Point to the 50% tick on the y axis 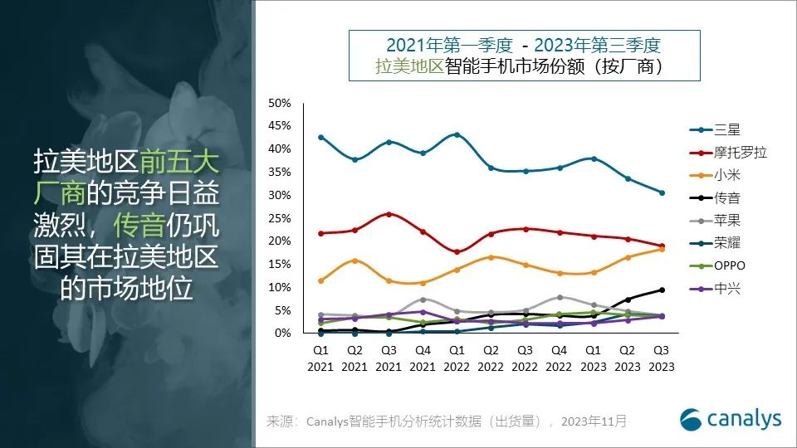279,103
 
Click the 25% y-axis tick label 279,218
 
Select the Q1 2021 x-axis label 320,358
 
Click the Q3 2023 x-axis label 662,358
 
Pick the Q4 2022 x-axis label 560,358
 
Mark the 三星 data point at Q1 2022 457,134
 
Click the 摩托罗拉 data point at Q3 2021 389,214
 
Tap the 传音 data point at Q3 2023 662,290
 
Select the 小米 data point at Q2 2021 354,261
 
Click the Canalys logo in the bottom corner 731,419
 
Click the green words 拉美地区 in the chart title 409,66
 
